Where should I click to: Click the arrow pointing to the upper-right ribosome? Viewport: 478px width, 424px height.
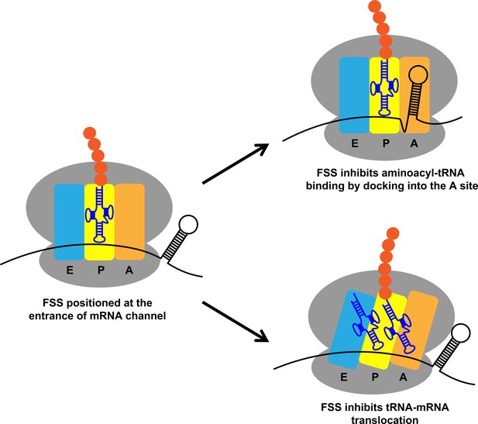click(x=236, y=164)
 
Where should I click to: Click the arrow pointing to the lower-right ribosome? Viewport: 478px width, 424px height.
click(x=236, y=321)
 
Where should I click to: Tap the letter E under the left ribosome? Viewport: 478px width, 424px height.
click(x=70, y=271)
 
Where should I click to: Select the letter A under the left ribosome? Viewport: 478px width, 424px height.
click(x=129, y=271)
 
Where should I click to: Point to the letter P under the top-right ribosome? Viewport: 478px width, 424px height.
click(x=387, y=143)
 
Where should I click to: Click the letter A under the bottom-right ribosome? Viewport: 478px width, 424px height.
click(x=403, y=377)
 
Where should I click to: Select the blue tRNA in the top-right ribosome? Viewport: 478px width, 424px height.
click(x=384, y=88)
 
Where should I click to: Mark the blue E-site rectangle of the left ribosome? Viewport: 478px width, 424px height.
click(x=69, y=222)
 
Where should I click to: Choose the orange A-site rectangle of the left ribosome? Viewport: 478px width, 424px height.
click(x=129, y=222)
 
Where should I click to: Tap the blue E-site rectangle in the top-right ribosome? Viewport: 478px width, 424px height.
click(x=354, y=95)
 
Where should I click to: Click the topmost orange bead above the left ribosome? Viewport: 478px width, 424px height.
click(x=90, y=133)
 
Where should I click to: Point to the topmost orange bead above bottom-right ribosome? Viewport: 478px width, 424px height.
click(x=393, y=233)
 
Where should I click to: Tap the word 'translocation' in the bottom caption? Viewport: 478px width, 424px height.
click(x=385, y=419)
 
